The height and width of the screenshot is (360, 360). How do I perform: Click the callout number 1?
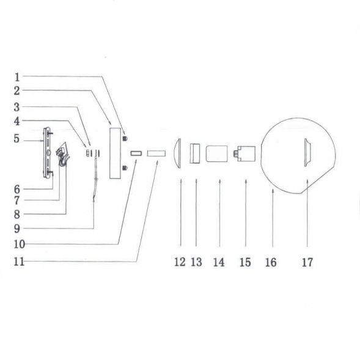coord(17,78)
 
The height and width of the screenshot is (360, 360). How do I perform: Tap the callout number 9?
coord(17,229)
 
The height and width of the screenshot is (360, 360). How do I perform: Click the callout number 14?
coord(219,262)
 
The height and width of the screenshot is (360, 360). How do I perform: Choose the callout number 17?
coord(307,262)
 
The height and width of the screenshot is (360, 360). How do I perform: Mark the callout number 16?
coord(271,262)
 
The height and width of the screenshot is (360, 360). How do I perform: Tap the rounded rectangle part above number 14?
coord(218,152)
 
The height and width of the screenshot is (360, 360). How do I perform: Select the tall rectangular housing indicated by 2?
coord(114,152)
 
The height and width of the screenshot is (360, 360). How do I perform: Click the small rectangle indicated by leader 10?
coord(136,152)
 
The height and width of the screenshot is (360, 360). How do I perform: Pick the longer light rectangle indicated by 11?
coord(156,152)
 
